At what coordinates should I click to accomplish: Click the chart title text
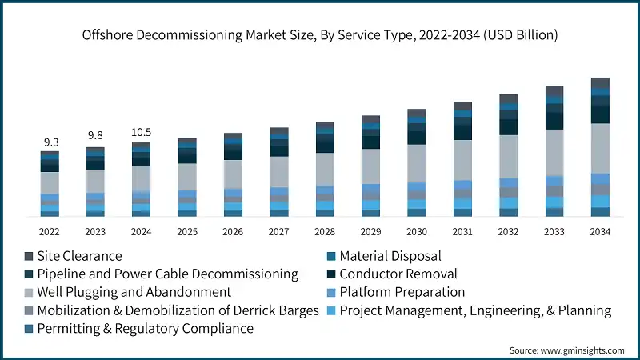click(x=320, y=35)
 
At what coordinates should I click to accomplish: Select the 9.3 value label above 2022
click(x=50, y=142)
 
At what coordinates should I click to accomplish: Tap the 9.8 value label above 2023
click(x=96, y=135)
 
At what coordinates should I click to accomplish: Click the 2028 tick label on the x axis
click(x=325, y=232)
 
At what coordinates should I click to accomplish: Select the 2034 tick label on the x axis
click(x=600, y=232)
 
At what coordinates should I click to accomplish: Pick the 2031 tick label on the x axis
click(x=462, y=232)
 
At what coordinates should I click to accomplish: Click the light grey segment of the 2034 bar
click(x=600, y=148)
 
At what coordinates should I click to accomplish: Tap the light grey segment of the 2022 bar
click(x=50, y=182)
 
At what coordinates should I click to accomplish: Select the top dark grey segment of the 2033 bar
click(x=554, y=90)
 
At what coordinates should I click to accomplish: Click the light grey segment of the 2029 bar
click(x=370, y=166)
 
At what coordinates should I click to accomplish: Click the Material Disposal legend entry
click(x=390, y=256)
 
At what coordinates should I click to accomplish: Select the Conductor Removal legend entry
click(x=398, y=274)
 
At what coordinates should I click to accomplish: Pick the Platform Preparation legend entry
click(x=402, y=292)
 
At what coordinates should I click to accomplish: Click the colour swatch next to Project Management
click(x=330, y=310)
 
